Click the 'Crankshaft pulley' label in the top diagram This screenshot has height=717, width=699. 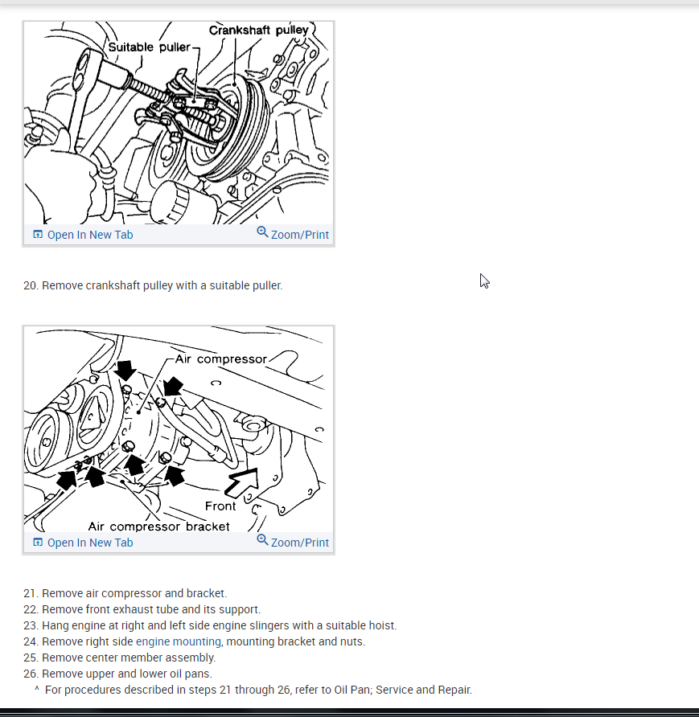(258, 31)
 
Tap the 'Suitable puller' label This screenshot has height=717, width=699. (149, 47)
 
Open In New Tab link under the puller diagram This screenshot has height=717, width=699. (89, 235)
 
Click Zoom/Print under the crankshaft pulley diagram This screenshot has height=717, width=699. (299, 235)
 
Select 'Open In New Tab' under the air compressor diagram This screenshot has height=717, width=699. (89, 543)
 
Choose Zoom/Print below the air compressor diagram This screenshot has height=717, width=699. (299, 543)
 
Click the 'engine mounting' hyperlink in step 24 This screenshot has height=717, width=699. (178, 641)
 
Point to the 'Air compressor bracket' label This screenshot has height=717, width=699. (158, 526)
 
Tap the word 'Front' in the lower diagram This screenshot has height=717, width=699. (220, 506)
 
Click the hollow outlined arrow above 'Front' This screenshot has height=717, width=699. (245, 481)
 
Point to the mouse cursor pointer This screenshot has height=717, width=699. (484, 281)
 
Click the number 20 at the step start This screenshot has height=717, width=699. (31, 285)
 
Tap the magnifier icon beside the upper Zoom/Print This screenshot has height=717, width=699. (262, 232)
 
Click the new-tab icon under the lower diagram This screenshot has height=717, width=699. (38, 543)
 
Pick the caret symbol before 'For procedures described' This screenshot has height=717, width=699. (37, 690)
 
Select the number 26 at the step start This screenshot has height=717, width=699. (31, 674)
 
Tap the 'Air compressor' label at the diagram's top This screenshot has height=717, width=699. (220, 359)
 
